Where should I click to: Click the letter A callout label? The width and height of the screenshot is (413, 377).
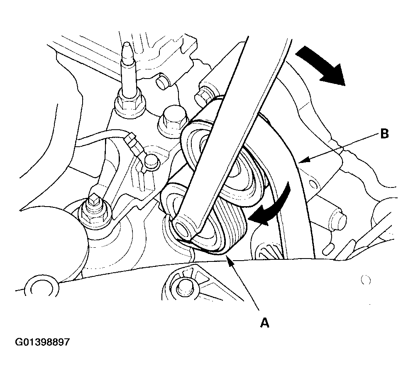(x=265, y=323)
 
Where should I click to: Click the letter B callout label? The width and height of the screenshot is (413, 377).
(x=384, y=134)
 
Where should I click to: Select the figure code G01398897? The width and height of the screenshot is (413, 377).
(x=42, y=342)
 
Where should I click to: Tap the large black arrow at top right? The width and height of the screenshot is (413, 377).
(x=320, y=65)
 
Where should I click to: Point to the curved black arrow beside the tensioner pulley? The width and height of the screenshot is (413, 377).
(x=271, y=206)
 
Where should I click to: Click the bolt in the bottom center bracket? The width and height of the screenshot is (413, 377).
(x=184, y=287)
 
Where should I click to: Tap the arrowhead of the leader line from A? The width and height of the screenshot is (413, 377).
(x=230, y=263)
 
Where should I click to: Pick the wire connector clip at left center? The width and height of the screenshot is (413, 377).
(x=134, y=144)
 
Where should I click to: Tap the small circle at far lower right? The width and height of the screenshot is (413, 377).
(x=365, y=280)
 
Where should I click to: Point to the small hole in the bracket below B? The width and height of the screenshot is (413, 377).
(x=313, y=184)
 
